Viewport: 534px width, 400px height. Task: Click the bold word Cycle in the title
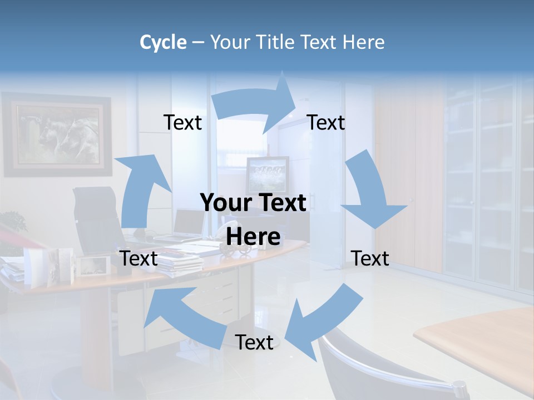point(163,42)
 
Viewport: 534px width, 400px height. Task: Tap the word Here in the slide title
point(363,42)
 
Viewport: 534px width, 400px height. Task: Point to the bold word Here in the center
point(253,237)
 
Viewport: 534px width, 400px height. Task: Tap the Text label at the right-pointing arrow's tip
point(326,122)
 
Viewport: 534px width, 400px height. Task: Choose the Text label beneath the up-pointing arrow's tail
point(139,258)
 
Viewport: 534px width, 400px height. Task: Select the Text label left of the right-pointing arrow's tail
point(182,122)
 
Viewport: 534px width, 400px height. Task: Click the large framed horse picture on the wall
point(57,134)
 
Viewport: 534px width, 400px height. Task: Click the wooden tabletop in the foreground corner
point(478,344)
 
